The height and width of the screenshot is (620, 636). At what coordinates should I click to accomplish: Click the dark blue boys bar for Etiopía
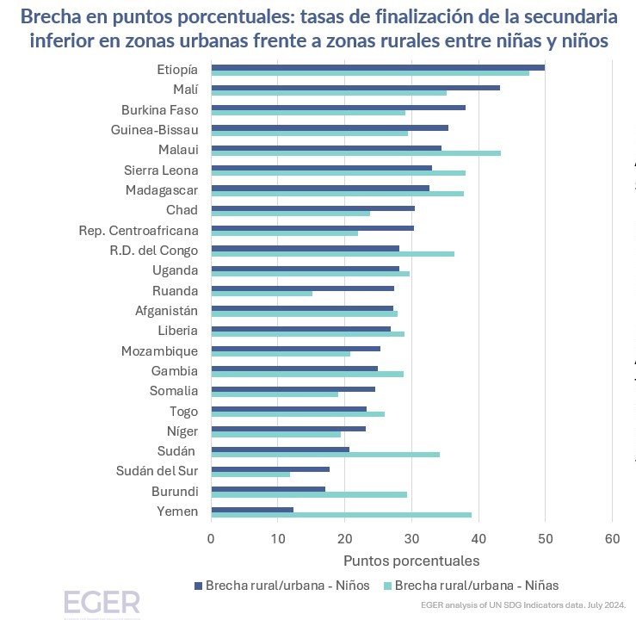point(377,67)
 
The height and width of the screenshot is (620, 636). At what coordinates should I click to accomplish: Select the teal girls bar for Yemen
point(341,514)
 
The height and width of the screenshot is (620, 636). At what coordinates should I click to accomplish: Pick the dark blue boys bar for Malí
point(355,87)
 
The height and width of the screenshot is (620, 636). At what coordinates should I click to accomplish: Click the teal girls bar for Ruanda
point(261,294)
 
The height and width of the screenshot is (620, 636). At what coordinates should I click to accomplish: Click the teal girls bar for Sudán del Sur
point(250,474)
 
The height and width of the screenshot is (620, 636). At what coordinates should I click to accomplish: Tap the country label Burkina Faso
point(159,110)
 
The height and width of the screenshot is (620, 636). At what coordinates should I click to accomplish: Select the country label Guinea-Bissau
point(155,130)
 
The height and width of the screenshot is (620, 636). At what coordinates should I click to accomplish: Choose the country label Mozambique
point(159,351)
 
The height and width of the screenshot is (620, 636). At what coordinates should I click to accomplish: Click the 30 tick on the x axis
point(411,540)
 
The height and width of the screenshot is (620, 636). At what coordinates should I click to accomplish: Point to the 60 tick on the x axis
point(612,540)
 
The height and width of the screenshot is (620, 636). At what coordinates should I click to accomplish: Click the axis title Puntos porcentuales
point(411,561)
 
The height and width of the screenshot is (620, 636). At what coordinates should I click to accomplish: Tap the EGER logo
point(101,602)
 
